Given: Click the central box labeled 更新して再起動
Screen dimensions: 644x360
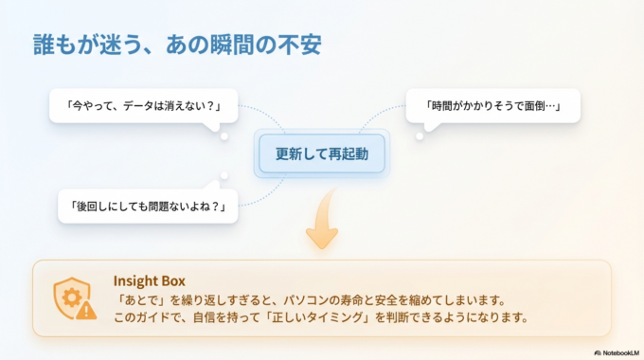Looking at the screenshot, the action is click(321, 153).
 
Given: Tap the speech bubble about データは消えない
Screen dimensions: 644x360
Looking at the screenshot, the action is click(144, 106).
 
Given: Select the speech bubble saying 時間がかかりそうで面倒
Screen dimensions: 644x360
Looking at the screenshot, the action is click(492, 106).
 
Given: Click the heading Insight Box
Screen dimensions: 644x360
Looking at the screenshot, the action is click(149, 280).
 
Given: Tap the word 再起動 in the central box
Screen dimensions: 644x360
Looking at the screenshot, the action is click(349, 153).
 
